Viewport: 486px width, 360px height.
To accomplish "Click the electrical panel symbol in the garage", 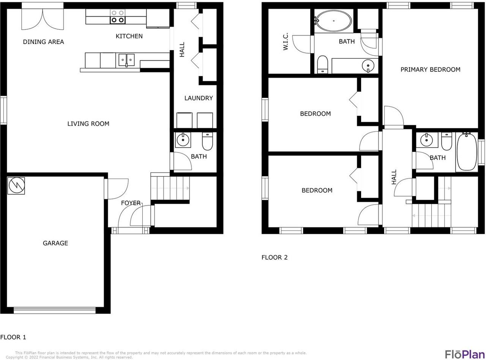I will click(16, 186).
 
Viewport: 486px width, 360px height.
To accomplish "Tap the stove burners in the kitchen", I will click(118, 16).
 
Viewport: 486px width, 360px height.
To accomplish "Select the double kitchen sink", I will click(126, 60).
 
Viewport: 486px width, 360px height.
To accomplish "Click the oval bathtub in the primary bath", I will click(334, 20).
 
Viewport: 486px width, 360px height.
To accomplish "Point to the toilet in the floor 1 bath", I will click(208, 141).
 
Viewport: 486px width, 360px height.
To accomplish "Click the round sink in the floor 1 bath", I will click(183, 140).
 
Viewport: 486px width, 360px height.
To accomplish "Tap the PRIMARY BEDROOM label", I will click(430, 69).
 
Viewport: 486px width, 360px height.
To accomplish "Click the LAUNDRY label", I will click(199, 98).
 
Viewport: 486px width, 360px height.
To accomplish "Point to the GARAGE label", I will click(55, 243).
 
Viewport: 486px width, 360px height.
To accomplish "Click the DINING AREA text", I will click(43, 42).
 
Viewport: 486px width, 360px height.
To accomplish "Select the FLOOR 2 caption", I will click(275, 258).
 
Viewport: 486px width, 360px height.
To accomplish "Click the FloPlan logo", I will click(465, 354).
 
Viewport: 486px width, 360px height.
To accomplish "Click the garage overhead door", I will click(55, 310).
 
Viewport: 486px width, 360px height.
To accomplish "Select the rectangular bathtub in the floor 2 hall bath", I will click(467, 152).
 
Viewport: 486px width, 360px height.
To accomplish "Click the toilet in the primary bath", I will click(322, 64).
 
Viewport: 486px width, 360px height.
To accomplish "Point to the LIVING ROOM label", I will click(88, 124).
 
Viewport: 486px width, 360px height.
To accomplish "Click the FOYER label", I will click(131, 203).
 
